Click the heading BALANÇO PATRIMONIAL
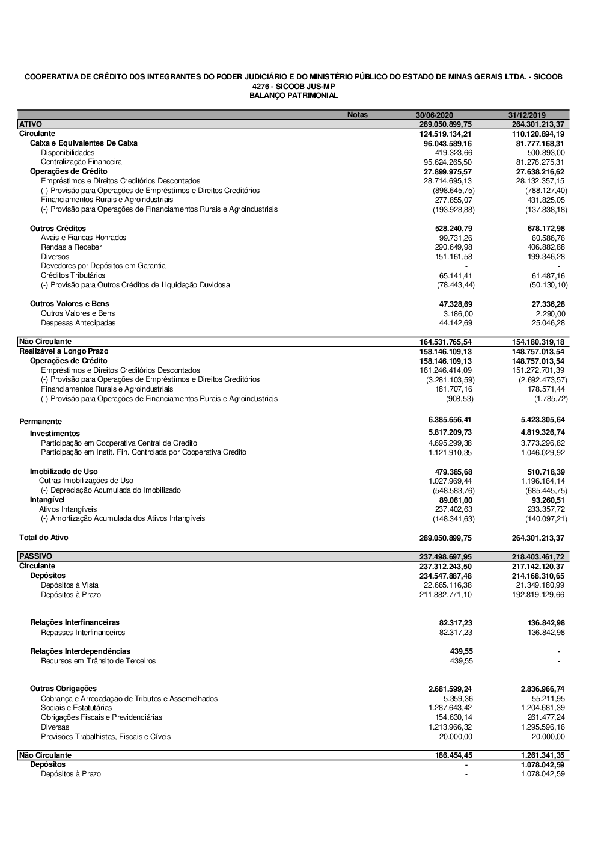pos(293,96)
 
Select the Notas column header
pos(357,115)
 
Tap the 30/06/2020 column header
pos(435,115)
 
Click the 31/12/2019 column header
pos(526,115)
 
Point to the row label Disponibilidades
pos(67,153)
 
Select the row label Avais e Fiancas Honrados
pos(84,238)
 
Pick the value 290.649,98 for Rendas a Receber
pos(454,247)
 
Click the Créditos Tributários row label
pos(73,275)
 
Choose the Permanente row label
pos(40,422)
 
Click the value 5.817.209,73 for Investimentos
pos(450,432)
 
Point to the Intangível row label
pos(47,500)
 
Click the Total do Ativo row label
pos(44,538)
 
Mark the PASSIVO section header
pos(35,556)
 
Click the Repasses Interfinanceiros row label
pos(83,633)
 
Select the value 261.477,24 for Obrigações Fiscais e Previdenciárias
pos(544,717)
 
